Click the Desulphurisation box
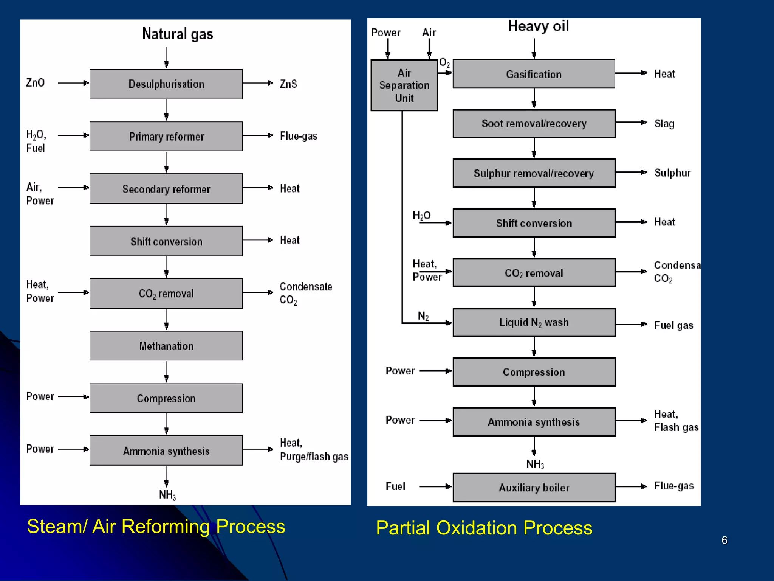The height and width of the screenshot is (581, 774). pyautogui.click(x=166, y=84)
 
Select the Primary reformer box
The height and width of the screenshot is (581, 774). pyautogui.click(x=166, y=136)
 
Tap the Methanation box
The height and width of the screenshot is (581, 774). pyautogui.click(x=166, y=346)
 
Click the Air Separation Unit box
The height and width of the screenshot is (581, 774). pyautogui.click(x=404, y=85)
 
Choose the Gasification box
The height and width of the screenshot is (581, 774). pyautogui.click(x=534, y=74)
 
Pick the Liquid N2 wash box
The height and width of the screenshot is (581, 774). pyautogui.click(x=534, y=322)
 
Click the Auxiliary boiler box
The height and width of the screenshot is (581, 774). pyautogui.click(x=534, y=488)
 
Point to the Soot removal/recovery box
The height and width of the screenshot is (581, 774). pyautogui.click(x=534, y=124)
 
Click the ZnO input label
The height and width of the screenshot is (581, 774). pyautogui.click(x=35, y=82)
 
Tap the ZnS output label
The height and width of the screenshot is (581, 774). pyautogui.click(x=288, y=84)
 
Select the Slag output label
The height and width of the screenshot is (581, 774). pyautogui.click(x=664, y=124)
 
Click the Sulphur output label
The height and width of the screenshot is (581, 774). pyautogui.click(x=672, y=173)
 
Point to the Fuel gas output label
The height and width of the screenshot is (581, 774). pyautogui.click(x=673, y=325)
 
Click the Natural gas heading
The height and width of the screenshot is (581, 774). pyautogui.click(x=177, y=34)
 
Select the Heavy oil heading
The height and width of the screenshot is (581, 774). pyautogui.click(x=538, y=26)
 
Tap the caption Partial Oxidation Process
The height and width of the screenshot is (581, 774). pyautogui.click(x=484, y=528)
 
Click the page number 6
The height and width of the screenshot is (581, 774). pyautogui.click(x=724, y=540)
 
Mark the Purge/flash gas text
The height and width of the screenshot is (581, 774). pyautogui.click(x=314, y=457)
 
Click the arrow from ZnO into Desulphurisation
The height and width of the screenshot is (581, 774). pyautogui.click(x=73, y=83)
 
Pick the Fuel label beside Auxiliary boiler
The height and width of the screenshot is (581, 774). pyautogui.click(x=395, y=486)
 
